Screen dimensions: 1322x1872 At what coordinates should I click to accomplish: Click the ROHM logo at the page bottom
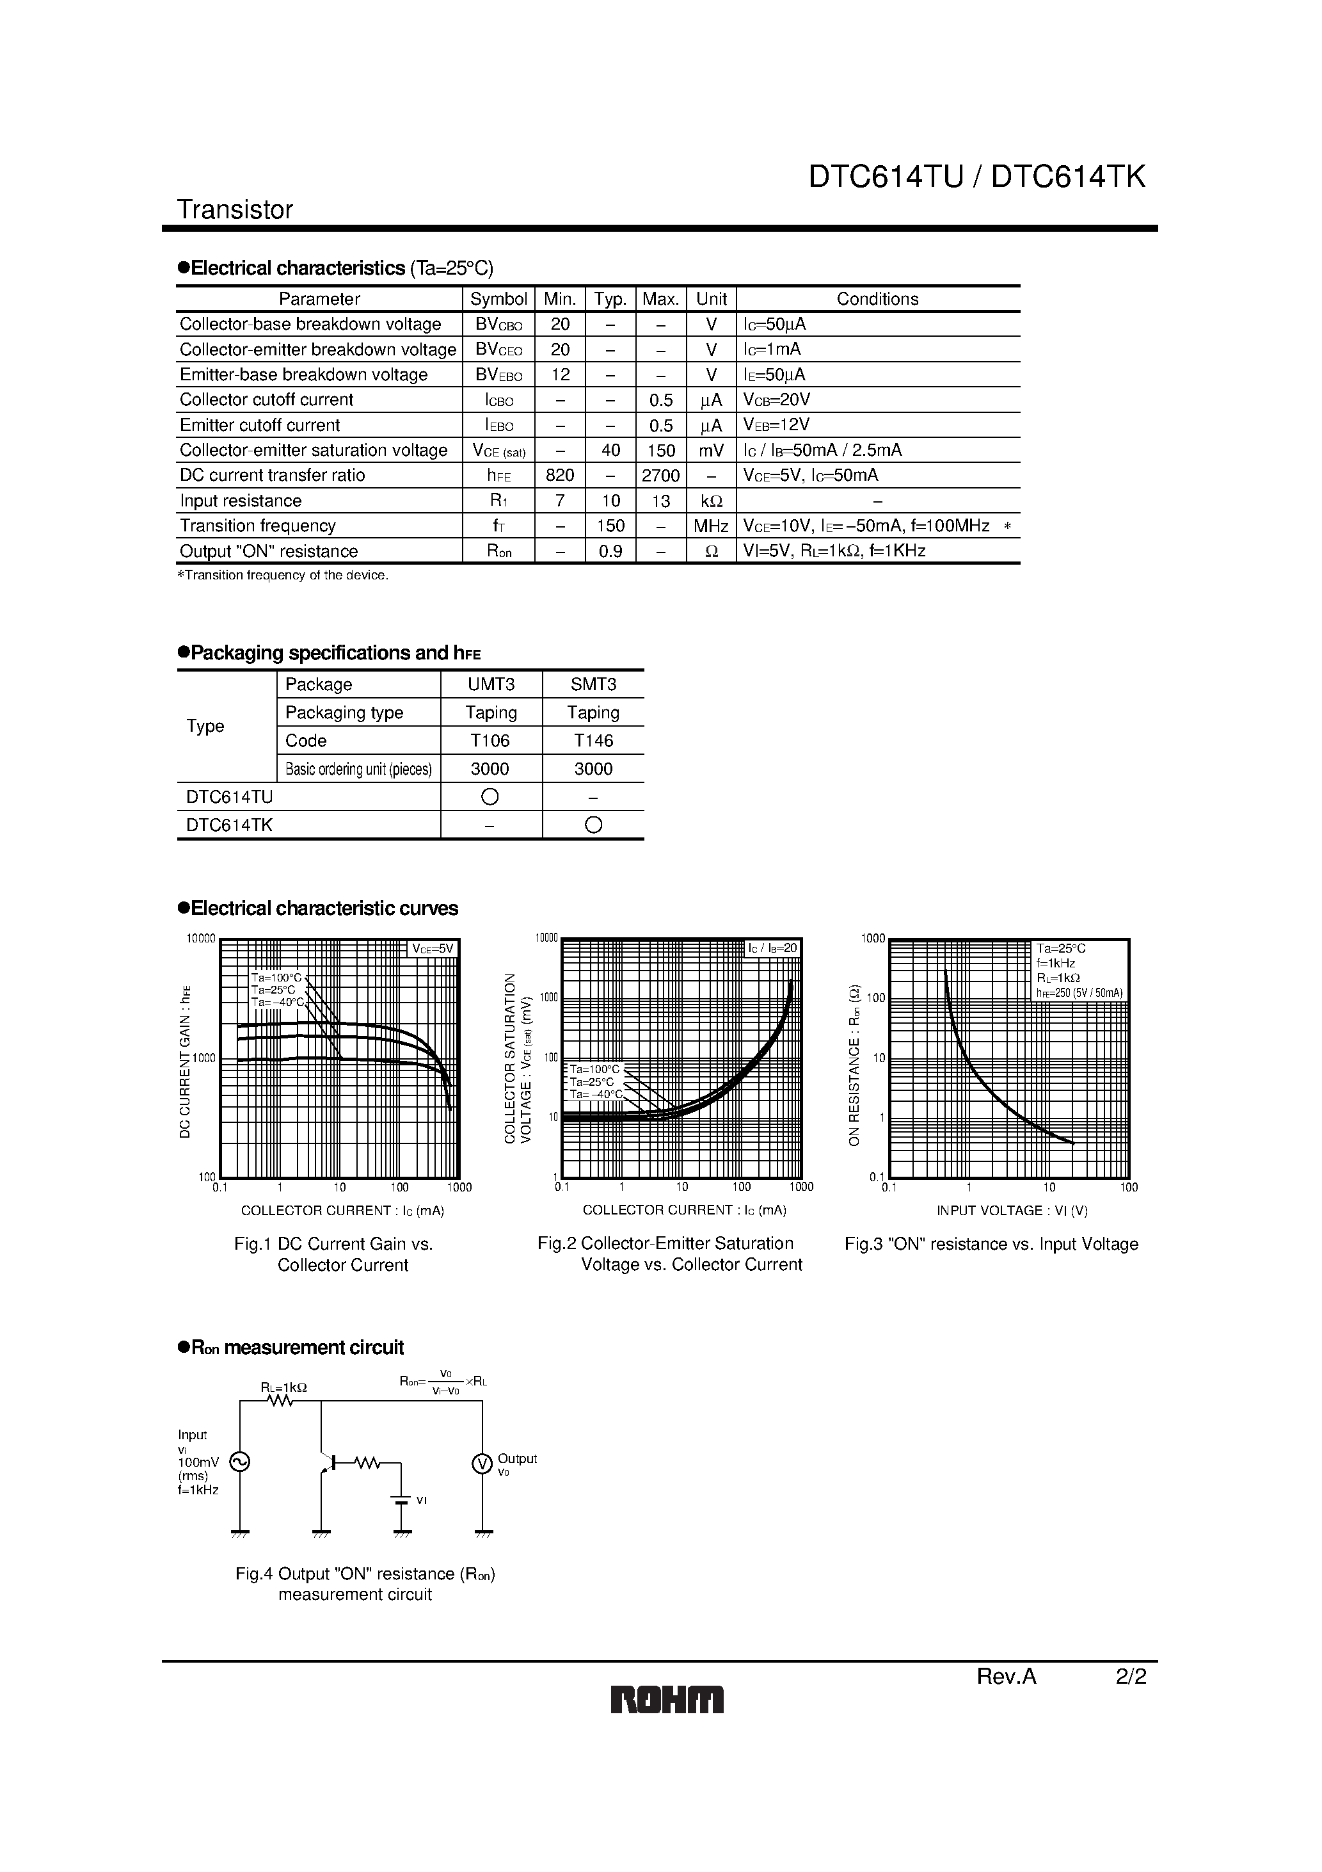[x=667, y=1699]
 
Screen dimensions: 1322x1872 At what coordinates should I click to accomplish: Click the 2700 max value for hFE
[x=660, y=475]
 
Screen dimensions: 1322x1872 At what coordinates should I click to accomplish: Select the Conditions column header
[x=877, y=299]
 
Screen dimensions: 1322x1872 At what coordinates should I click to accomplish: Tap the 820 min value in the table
[x=560, y=475]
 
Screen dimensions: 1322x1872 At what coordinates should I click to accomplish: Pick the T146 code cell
[x=593, y=740]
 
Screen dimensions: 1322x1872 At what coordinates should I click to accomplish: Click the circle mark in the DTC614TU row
[x=490, y=796]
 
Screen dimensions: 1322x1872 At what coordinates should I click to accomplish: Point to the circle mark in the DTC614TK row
[x=593, y=825]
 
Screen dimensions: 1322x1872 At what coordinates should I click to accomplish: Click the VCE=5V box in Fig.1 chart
[x=432, y=949]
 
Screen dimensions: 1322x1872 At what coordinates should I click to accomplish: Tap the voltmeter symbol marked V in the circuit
[x=482, y=1464]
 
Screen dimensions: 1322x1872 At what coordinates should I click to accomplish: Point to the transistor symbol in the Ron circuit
[x=328, y=1463]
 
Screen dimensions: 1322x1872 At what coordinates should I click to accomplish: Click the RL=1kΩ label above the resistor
[x=283, y=1387]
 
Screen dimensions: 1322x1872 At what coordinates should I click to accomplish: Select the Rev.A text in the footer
[x=1006, y=1676]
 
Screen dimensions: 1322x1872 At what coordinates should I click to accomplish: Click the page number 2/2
[x=1131, y=1676]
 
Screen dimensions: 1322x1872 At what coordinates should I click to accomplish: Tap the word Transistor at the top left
[x=235, y=209]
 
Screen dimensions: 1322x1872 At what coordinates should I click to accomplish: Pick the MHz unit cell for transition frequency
[x=711, y=526]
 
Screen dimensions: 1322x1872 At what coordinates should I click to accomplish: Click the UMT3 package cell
[x=491, y=684]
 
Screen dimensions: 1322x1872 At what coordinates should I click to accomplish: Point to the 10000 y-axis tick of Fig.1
[x=200, y=939]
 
